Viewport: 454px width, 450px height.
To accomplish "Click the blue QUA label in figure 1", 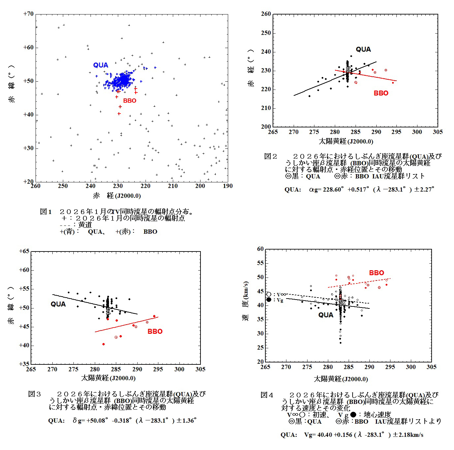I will (x=100, y=65).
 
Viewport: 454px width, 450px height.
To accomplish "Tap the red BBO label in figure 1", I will (x=129, y=101).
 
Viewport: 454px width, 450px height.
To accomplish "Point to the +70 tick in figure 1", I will (x=29, y=14).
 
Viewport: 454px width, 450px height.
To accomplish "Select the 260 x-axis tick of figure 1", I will (x=36, y=186).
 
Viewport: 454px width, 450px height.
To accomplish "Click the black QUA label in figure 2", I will (x=363, y=49).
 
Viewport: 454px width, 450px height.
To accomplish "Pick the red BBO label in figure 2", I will (x=381, y=93).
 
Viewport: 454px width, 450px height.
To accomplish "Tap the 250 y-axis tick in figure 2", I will (x=266, y=33).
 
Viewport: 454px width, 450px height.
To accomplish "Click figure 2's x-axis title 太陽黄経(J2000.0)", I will (x=346, y=142).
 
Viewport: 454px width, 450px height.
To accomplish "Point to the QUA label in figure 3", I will (x=58, y=304).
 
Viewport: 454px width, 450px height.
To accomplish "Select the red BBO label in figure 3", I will (x=155, y=331).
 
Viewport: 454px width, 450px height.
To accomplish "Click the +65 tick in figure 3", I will (x=24, y=251).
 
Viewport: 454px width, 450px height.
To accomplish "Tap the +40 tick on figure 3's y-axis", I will (x=24, y=345).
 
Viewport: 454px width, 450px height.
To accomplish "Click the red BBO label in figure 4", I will (x=376, y=273).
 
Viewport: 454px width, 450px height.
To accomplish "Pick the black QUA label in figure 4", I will (x=326, y=315).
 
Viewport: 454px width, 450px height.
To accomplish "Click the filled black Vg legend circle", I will (x=269, y=300).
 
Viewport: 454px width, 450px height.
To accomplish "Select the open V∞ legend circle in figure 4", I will (x=269, y=294).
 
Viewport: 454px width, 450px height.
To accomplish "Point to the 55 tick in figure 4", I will (x=260, y=263).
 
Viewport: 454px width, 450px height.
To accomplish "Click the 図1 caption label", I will (x=46, y=212).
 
